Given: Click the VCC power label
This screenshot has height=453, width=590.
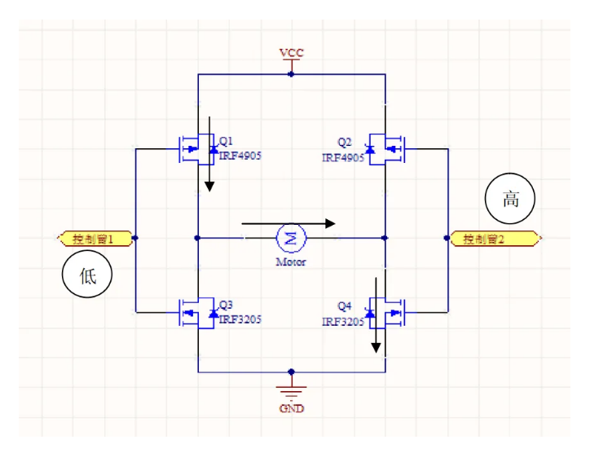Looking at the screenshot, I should click(x=291, y=53).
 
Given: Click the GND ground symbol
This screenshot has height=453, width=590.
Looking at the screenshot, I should click(x=291, y=389).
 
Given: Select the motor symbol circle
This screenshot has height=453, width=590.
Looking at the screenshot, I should click(x=291, y=238).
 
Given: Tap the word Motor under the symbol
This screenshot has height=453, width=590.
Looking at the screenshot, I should click(x=290, y=262).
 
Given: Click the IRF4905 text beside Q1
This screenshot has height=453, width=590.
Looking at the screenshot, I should click(x=240, y=156).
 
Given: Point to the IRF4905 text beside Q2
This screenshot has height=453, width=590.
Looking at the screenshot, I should click(x=343, y=157).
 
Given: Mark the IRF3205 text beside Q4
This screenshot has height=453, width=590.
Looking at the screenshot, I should click(x=343, y=321).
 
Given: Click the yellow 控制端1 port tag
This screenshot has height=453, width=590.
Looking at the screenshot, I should click(x=96, y=239).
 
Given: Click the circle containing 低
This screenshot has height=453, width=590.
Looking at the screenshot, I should click(x=87, y=276).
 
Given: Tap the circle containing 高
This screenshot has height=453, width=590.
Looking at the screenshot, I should click(x=510, y=199).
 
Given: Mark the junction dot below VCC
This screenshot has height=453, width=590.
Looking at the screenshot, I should click(x=291, y=74).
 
